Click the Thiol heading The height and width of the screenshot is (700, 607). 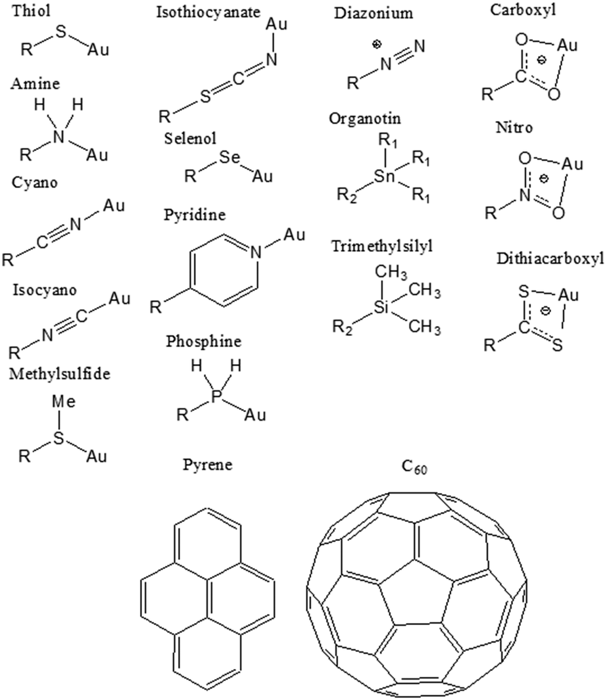pos(32,11)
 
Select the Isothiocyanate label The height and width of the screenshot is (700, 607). pos(208,12)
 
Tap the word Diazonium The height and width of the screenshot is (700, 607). pos(374,13)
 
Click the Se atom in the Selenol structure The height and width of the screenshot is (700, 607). pos(230,157)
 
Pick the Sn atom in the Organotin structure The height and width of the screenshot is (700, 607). pos(385,176)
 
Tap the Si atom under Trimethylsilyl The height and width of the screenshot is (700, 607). pos(381,308)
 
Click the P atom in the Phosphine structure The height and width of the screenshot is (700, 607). pos(216,396)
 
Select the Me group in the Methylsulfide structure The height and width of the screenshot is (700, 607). pos(64,402)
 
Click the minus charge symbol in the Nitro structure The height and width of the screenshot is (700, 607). pos(544,179)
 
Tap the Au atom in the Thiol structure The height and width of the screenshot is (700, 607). pos(98,49)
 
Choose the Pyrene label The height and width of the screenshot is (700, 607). pos(208,465)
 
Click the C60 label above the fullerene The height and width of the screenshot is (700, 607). pos(414,467)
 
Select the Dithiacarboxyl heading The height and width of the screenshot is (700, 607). pos(550,259)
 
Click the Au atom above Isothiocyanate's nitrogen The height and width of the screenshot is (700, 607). pos(276,24)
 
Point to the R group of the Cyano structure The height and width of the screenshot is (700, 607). pos(8,260)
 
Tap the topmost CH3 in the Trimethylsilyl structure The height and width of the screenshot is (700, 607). pos(391,272)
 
